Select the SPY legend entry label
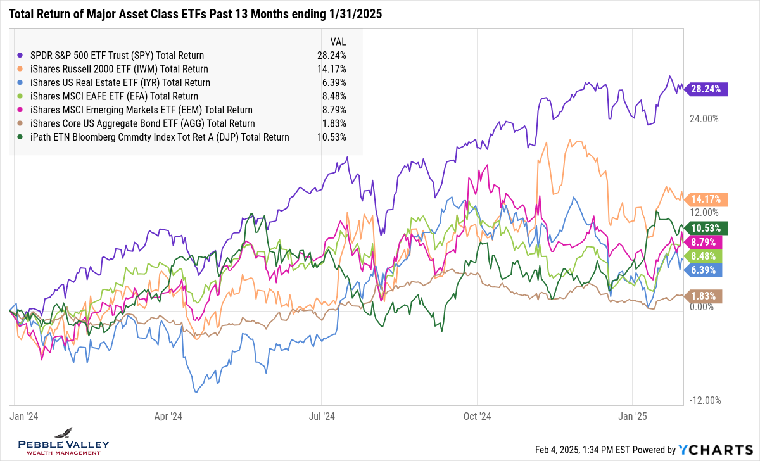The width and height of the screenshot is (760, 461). pos(117,55)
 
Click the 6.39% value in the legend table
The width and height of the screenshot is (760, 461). pos(333,82)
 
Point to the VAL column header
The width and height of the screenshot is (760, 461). pos(338,42)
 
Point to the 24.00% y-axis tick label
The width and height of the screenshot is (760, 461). pos(702,118)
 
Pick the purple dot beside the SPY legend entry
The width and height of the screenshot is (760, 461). pos(22,55)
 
